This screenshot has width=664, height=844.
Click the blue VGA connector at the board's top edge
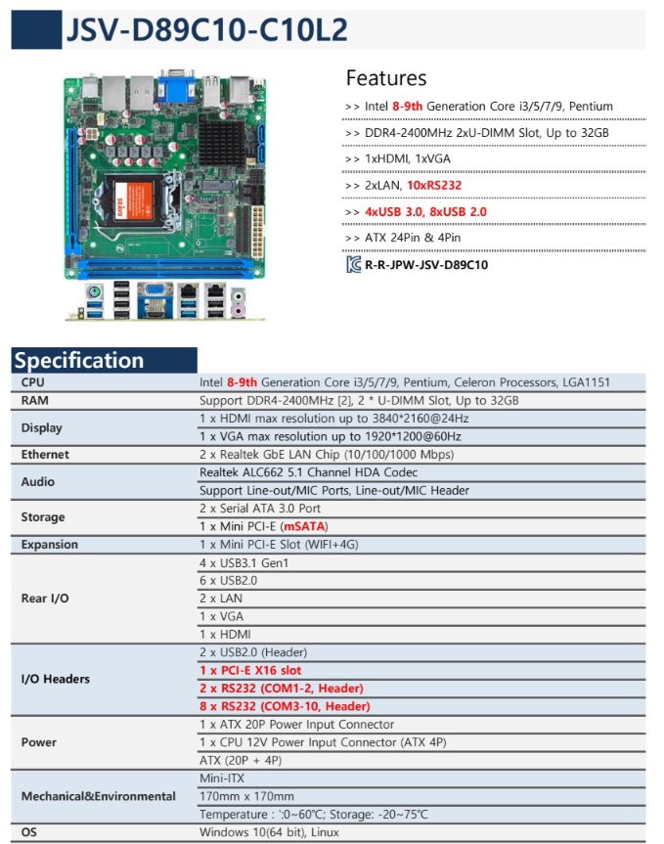tap(177, 87)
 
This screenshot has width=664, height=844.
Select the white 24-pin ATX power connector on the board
tap(256, 212)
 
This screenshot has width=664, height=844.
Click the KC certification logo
tap(353, 264)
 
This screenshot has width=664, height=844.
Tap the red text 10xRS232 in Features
tap(435, 185)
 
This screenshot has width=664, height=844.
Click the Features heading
tap(386, 78)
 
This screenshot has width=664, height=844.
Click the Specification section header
tap(79, 360)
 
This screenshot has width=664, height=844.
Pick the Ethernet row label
tap(46, 454)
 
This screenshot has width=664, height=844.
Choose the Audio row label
tap(38, 481)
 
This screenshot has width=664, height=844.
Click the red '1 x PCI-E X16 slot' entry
tap(249, 670)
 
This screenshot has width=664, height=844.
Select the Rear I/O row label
tap(45, 598)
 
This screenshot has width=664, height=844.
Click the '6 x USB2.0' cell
tap(230, 580)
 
